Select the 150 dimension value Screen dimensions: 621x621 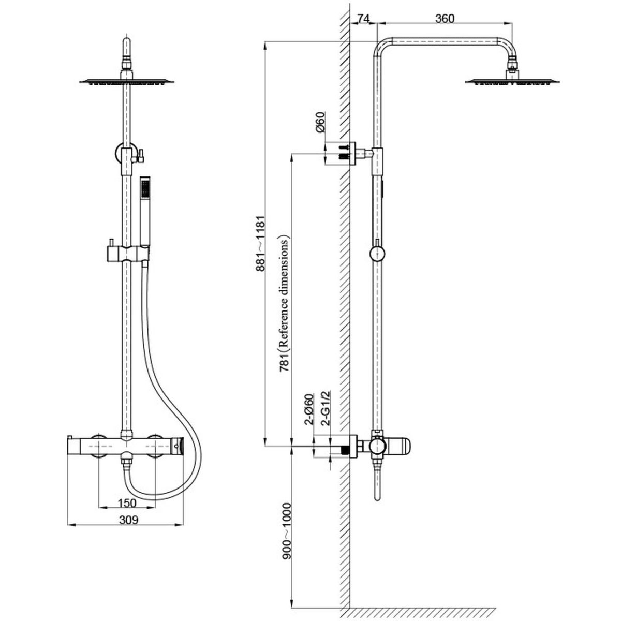pyautogui.click(x=126, y=502)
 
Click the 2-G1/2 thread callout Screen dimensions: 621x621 pyautogui.click(x=326, y=408)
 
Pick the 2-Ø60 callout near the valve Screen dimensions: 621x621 pyautogui.click(x=309, y=409)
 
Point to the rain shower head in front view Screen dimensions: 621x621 pyautogui.click(x=126, y=81)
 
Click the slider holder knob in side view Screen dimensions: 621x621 pyautogui.click(x=378, y=254)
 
